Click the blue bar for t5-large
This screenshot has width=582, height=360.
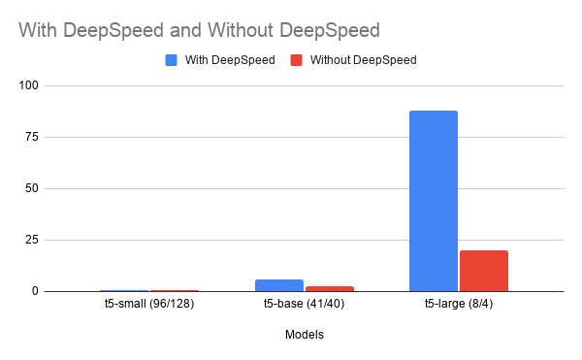point(433,201)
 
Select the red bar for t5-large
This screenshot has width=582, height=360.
point(483,271)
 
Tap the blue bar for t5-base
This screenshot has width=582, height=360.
point(278,285)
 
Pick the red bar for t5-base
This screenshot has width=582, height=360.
point(329,288)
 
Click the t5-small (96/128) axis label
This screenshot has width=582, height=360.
point(150,307)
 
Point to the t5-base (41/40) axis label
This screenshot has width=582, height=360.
point(304,307)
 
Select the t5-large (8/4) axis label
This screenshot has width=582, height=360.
point(458,307)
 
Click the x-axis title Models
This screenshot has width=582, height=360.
point(304,335)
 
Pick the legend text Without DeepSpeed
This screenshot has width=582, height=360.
point(363,60)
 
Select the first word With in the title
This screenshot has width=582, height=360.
point(37,29)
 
